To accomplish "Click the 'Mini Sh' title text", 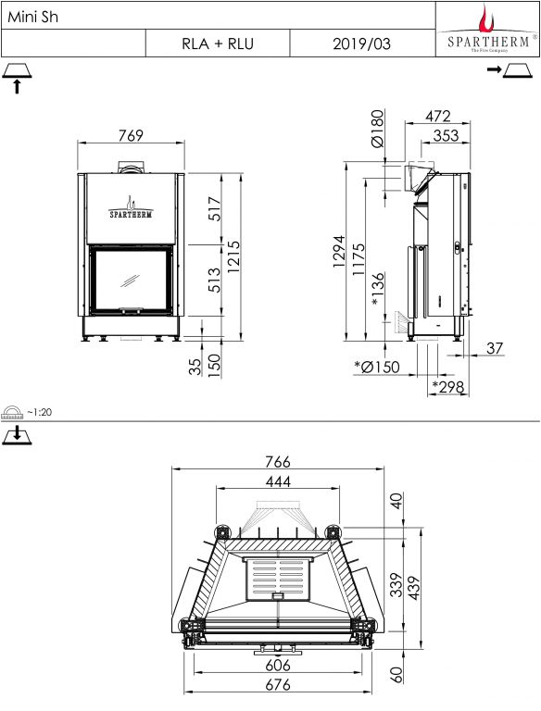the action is (33, 17).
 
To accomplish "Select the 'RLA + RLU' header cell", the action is (218, 44).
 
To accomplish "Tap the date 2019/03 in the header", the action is (361, 44).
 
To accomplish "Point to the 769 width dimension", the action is (131, 135).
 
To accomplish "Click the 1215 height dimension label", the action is (233, 256).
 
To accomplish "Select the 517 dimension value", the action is (214, 208).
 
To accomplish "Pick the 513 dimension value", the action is (214, 281).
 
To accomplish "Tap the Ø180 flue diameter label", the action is (378, 129).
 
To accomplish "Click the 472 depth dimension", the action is (438, 116).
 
